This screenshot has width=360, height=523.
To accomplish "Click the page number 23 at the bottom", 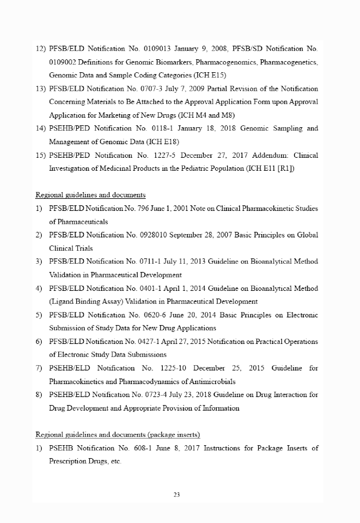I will [x=177, y=495].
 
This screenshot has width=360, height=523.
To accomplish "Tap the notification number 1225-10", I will [x=173, y=368].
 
